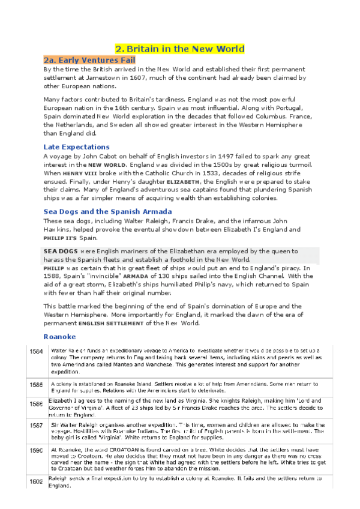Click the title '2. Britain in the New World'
pyautogui.click(x=180, y=49)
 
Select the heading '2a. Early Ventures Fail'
pyautogui.click(x=89, y=61)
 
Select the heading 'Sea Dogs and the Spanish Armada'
pyautogui.click(x=108, y=211)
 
